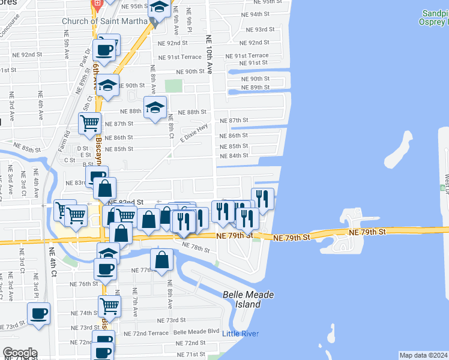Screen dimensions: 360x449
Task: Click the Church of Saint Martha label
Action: (105, 22)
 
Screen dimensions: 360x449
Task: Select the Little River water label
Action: (241, 334)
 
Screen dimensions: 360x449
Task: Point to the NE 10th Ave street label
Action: (209, 54)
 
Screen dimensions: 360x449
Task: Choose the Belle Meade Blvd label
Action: (196, 331)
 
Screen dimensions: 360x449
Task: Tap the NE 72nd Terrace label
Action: (146, 333)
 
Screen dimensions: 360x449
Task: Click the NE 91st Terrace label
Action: (247, 56)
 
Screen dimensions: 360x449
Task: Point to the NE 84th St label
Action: (234, 156)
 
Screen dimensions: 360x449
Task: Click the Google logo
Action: (20, 353)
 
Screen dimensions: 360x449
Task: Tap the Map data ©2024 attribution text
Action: (424, 355)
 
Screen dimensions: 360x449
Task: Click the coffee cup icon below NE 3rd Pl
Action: (39, 313)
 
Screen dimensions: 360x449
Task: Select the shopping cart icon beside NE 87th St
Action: (89, 123)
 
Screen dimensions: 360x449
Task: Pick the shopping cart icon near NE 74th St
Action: (109, 305)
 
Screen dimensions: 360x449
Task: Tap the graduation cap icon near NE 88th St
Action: (155, 107)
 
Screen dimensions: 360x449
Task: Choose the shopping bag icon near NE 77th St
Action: (162, 260)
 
